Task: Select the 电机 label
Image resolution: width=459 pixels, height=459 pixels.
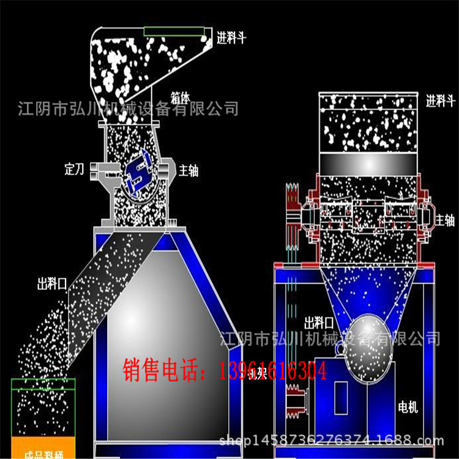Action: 408,408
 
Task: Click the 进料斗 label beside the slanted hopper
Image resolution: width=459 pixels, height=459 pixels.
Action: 231,39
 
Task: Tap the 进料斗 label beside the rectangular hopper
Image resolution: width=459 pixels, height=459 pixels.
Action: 441,102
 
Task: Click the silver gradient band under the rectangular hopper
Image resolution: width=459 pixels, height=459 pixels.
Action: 369,163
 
